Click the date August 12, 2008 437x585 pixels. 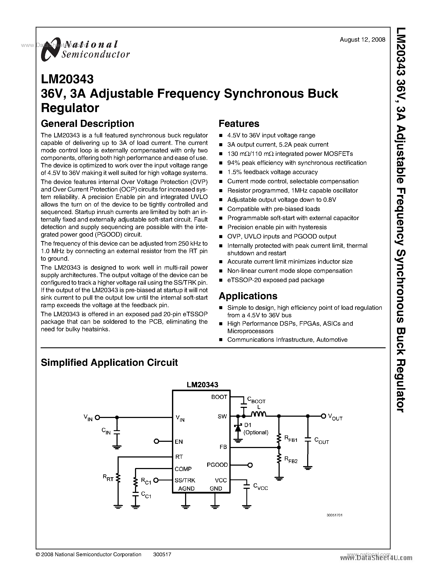(x=362, y=40)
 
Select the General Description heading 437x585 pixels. (x=87, y=124)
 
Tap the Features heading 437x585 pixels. (x=239, y=124)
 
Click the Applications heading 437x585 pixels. (x=248, y=296)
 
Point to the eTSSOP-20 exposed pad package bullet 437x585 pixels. (x=275, y=280)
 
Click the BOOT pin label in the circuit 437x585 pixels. (x=219, y=397)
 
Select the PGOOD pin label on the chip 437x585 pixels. (x=217, y=465)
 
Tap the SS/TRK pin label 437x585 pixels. (x=185, y=480)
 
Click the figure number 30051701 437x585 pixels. (x=334, y=515)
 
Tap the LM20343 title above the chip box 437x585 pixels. (x=202, y=385)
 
